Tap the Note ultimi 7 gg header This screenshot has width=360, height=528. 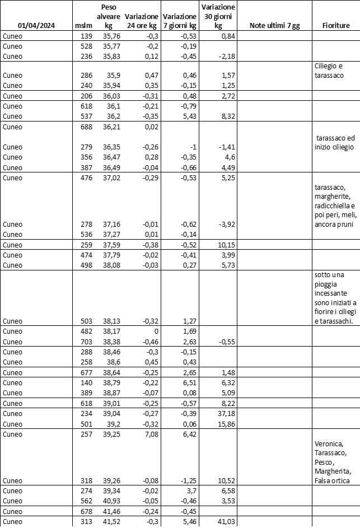[274, 26]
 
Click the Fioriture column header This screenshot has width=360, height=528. [336, 26]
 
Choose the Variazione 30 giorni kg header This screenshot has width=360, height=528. [218, 16]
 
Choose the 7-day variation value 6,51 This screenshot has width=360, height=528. [188, 382]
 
